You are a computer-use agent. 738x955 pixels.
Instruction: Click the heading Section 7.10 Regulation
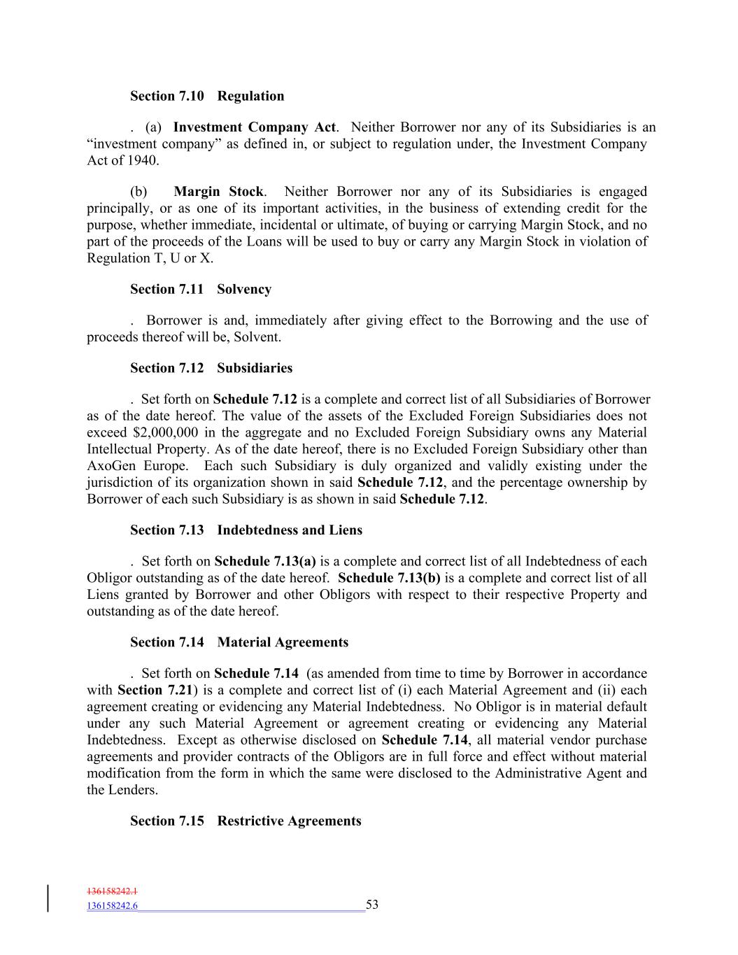point(207,96)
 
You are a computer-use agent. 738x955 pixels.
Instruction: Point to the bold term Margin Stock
point(218,192)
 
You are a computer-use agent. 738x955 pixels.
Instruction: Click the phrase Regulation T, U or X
point(150,258)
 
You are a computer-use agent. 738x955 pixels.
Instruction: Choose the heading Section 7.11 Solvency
point(201,289)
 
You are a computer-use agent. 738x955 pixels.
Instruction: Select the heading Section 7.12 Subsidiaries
point(211,368)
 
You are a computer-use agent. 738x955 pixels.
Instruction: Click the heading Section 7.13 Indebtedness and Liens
point(246,530)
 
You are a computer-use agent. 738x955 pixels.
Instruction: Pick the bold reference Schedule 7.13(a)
point(265,561)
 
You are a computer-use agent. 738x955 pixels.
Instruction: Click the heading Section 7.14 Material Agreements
point(239,642)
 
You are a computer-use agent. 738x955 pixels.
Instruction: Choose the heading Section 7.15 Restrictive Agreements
point(246,821)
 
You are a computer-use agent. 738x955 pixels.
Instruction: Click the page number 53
point(372,905)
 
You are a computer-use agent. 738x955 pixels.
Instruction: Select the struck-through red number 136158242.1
point(112,891)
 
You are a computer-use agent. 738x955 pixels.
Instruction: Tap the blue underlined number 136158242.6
point(112,906)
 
